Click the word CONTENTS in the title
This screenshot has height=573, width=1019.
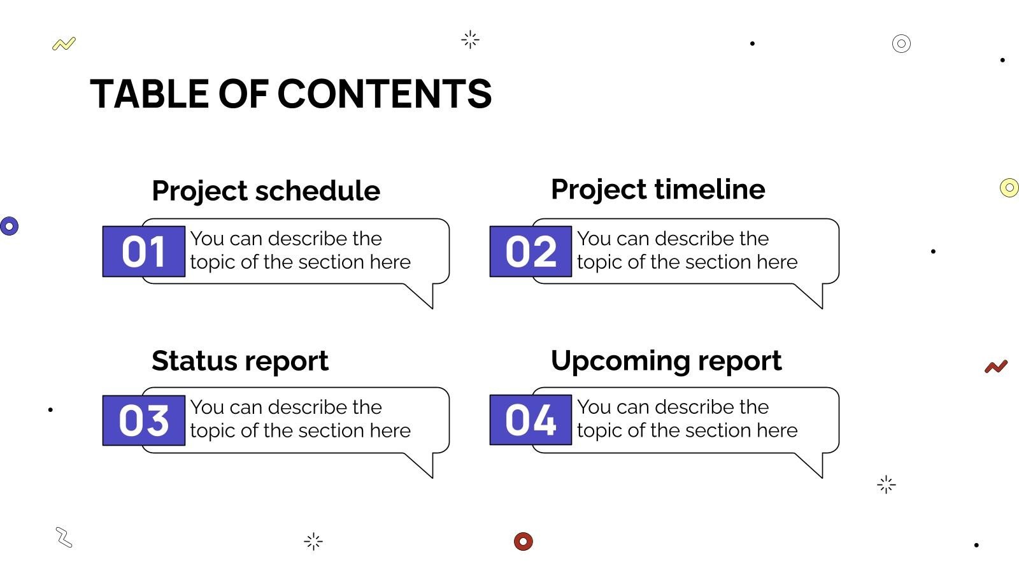click(385, 94)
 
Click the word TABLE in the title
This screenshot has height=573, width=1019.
click(149, 94)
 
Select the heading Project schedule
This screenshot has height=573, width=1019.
click(266, 191)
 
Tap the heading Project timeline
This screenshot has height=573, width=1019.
click(658, 190)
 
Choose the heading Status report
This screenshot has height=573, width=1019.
click(240, 361)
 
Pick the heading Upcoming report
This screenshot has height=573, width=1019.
click(666, 361)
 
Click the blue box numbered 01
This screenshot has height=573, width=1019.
click(144, 251)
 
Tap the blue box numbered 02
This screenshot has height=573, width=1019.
click(531, 251)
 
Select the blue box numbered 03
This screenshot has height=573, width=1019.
click(144, 420)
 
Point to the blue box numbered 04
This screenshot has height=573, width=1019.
click(531, 420)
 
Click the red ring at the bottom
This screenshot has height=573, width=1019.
click(523, 541)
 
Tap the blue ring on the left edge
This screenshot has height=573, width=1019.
click(9, 226)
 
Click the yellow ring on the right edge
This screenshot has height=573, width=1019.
click(1009, 188)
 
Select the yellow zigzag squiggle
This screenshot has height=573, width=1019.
click(64, 44)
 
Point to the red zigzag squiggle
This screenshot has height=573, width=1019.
click(996, 367)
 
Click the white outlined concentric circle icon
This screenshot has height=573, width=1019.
click(901, 43)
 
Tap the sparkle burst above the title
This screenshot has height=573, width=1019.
click(470, 39)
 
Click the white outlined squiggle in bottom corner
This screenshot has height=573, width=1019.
click(64, 537)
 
